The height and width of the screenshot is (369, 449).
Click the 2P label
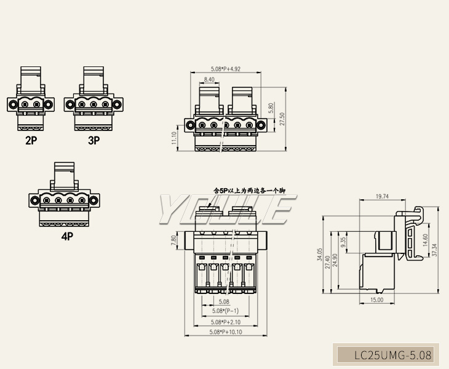[31, 140]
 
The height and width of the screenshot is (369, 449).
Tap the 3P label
[93, 140]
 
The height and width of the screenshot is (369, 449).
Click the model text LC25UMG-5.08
[393, 355]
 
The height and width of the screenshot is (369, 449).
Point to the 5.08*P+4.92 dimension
[226, 69]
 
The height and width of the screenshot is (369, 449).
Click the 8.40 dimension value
[209, 80]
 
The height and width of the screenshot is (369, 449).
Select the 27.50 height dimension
[282, 119]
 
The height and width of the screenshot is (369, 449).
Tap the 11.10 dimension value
[175, 138]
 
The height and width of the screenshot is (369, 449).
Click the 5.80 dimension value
[271, 108]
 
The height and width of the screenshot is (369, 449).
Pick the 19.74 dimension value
[381, 197]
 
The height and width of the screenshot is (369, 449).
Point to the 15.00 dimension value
[376, 300]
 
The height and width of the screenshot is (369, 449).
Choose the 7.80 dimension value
[174, 241]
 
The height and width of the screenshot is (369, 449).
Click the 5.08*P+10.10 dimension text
[226, 332]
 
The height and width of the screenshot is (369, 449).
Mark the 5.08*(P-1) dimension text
[224, 312]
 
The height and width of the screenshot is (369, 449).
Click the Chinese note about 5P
[249, 191]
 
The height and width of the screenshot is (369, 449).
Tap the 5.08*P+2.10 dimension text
[225, 322]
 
